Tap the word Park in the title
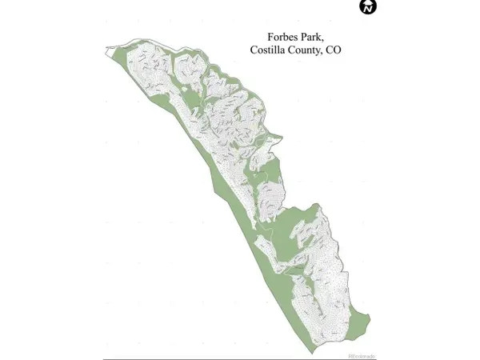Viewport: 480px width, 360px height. tap(318, 37)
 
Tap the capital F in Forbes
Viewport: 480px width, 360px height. tap(270, 37)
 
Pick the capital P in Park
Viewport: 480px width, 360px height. tap(308, 37)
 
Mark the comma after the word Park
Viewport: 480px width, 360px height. tap(329, 40)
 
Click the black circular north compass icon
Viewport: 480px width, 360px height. tap(368, 7)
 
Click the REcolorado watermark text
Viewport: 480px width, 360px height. tap(362, 355)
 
